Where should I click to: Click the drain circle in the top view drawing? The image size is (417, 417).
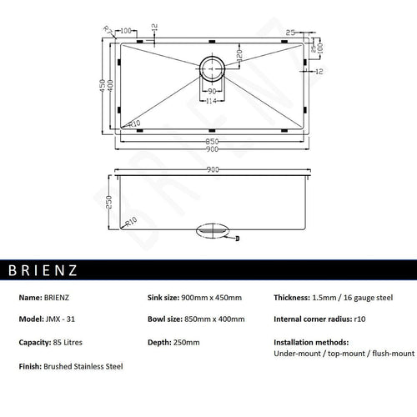(x=212, y=68)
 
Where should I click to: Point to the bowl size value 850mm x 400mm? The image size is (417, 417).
(x=216, y=319)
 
